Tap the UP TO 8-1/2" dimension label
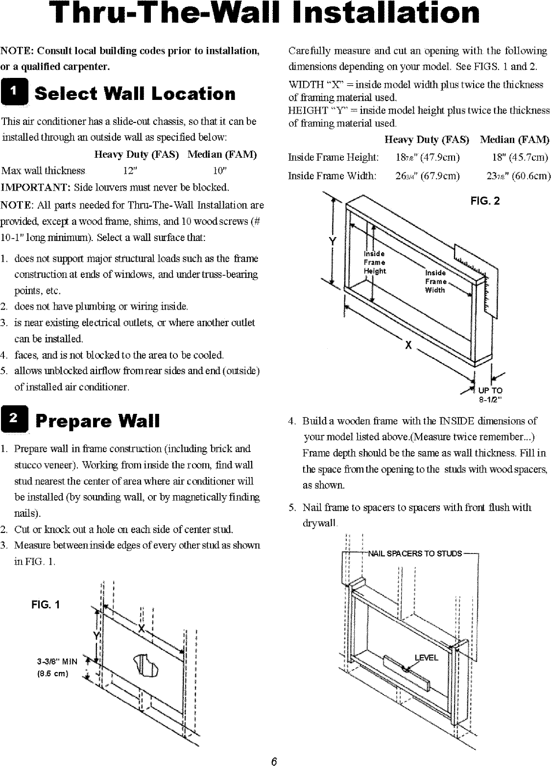coord(490,394)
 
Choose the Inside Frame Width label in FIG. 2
coord(435,281)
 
